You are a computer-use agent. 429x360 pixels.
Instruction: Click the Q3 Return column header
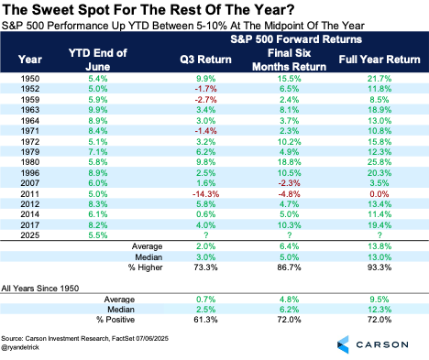point(205,60)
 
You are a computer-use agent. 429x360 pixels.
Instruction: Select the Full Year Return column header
point(379,60)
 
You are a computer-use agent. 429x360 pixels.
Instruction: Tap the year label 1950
point(30,79)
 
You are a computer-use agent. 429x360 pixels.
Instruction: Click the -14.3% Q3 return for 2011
point(205,194)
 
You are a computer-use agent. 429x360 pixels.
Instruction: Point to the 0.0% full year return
point(379,194)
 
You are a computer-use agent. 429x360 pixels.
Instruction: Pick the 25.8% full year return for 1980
point(379,162)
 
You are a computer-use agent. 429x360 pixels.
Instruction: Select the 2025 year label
point(30,235)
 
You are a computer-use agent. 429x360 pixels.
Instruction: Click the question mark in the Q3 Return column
point(206,235)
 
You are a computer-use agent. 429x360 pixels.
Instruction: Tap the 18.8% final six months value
point(289,162)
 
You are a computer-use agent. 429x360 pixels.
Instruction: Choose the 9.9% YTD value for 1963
point(98,110)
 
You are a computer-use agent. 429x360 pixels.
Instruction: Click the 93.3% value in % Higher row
point(379,267)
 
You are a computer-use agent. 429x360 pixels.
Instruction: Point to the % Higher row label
point(146,267)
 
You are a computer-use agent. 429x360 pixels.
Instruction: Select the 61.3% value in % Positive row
point(205,320)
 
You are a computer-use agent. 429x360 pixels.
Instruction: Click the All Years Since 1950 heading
point(40,289)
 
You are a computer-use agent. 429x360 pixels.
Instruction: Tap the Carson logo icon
point(343,344)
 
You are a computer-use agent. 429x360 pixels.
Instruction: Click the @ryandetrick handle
point(20,347)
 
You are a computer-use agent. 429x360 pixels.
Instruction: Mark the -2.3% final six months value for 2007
point(289,183)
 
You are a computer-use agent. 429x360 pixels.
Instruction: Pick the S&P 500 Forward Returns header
point(296,39)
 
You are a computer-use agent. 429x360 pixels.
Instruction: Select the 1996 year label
point(30,173)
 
